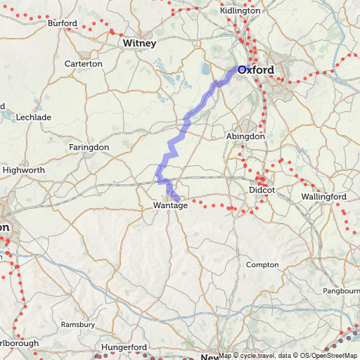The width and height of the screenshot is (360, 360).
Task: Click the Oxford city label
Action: (x=256, y=70)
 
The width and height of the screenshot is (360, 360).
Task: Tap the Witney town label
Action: (x=139, y=44)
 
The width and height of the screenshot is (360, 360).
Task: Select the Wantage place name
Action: (x=170, y=205)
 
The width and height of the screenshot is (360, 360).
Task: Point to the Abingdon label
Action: (x=246, y=136)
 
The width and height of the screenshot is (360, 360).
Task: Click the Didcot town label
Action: (x=261, y=191)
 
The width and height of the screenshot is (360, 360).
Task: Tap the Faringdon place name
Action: (x=89, y=147)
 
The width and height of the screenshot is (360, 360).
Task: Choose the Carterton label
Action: (x=84, y=64)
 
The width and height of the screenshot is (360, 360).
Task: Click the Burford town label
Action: (x=63, y=24)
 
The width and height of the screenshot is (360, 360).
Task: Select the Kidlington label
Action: (x=240, y=12)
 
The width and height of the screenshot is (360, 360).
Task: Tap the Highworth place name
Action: (x=24, y=170)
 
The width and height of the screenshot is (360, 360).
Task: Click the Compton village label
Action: (x=262, y=264)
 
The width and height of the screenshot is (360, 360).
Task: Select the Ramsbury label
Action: (x=78, y=325)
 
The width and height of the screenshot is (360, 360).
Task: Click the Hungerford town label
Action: (x=124, y=347)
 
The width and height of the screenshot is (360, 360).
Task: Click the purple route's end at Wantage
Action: (x=176, y=198)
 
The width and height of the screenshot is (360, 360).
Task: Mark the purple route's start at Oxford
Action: (x=235, y=68)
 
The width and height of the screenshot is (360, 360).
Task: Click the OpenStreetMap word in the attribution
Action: (x=334, y=355)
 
